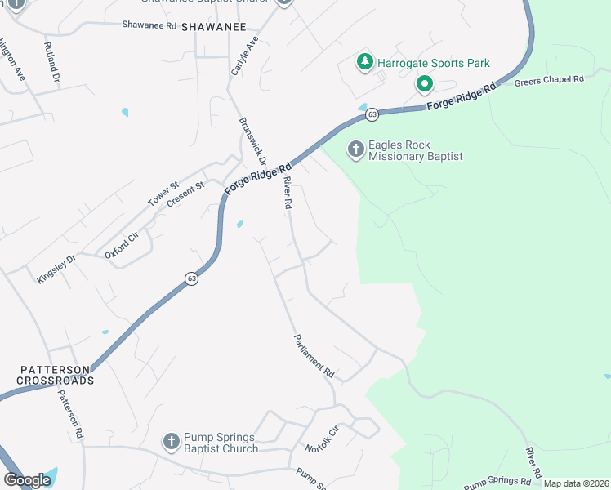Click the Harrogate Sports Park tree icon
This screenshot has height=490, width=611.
point(364,62)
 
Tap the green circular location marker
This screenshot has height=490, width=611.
point(424,83)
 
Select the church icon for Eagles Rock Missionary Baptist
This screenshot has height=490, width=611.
point(355,149)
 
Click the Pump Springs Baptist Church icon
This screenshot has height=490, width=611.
point(171,442)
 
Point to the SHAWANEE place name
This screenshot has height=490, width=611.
point(213,27)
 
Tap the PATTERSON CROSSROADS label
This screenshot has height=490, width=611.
point(57,376)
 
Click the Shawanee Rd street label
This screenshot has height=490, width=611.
point(149,25)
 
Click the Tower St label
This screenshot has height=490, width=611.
point(162,194)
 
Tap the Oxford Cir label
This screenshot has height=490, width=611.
point(123,245)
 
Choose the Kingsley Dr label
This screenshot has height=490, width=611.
point(56,269)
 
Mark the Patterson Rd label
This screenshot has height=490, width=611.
point(70,415)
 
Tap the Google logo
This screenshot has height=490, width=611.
point(27,479)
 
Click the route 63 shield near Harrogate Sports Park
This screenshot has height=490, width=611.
point(372,114)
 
